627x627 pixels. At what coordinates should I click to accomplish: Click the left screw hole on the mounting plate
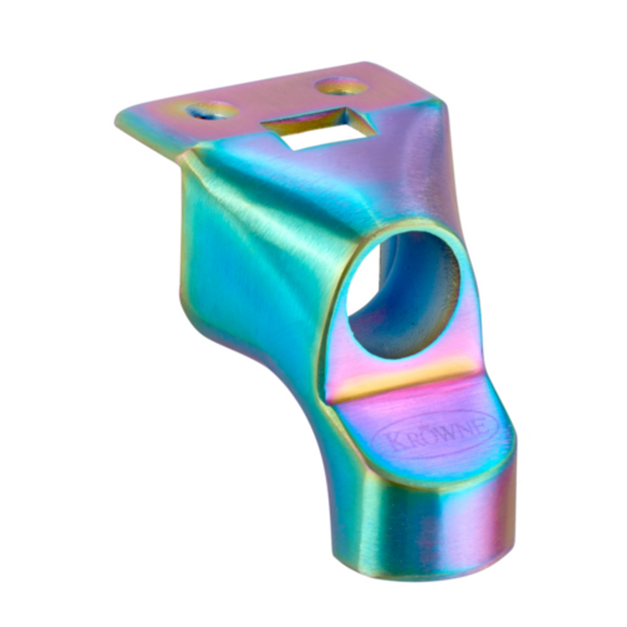[212, 111]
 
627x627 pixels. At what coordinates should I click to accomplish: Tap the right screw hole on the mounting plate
[341, 86]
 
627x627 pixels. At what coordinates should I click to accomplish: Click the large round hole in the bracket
[403, 295]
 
